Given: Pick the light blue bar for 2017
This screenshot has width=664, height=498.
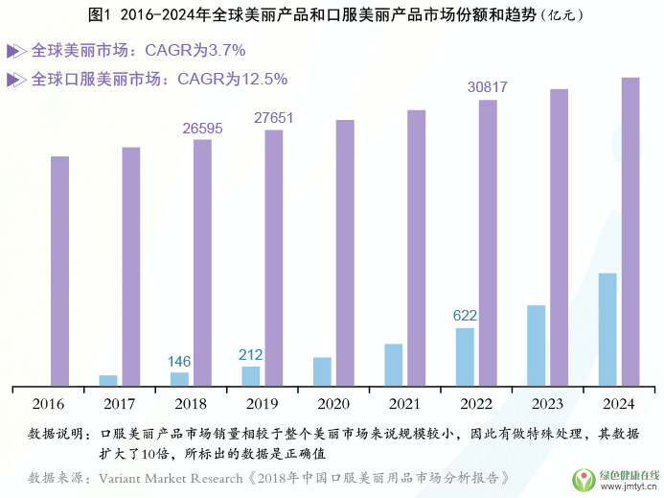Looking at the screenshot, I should (108, 380).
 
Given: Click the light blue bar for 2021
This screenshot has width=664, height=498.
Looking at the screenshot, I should (393, 365).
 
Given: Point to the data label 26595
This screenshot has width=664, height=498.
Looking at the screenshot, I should (202, 128).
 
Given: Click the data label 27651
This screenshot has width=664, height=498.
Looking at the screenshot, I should (274, 118).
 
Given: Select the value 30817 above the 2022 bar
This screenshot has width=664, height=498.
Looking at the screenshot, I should (487, 87).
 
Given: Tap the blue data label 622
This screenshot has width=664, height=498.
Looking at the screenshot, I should (465, 315).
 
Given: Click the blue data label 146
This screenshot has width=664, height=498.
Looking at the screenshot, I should (179, 361).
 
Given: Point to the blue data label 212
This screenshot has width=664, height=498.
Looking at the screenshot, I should (251, 354).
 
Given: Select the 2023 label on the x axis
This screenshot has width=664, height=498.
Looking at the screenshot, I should (547, 404).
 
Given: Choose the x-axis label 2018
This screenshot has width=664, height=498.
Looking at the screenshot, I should (191, 404).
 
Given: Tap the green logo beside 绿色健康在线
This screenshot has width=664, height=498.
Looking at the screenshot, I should (584, 479).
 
